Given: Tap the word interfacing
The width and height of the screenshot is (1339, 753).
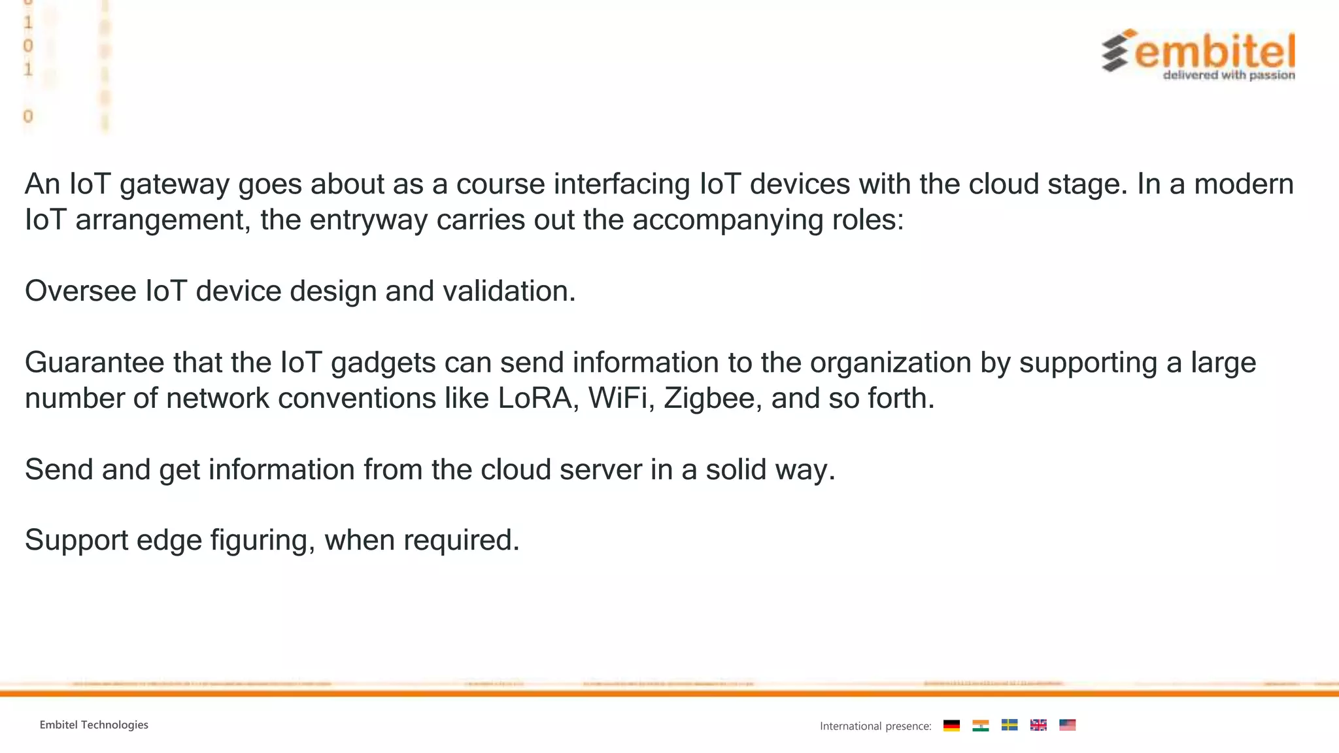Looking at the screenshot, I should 621,184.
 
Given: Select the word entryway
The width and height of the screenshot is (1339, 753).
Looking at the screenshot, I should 368,220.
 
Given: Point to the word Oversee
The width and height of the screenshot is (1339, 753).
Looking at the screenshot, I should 80,291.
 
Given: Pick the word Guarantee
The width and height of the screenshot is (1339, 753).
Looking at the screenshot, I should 94,363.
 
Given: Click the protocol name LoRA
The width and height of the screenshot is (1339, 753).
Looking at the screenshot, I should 534,398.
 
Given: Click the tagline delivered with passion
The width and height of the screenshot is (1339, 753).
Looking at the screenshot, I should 1229,75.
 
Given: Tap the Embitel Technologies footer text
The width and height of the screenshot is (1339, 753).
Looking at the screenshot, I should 94,725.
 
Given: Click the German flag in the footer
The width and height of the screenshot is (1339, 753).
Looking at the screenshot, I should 951,726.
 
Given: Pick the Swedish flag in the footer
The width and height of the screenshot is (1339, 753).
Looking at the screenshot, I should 1009,726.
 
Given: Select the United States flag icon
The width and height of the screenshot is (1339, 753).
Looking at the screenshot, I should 1067,726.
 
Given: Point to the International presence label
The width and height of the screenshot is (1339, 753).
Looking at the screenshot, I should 875,726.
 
